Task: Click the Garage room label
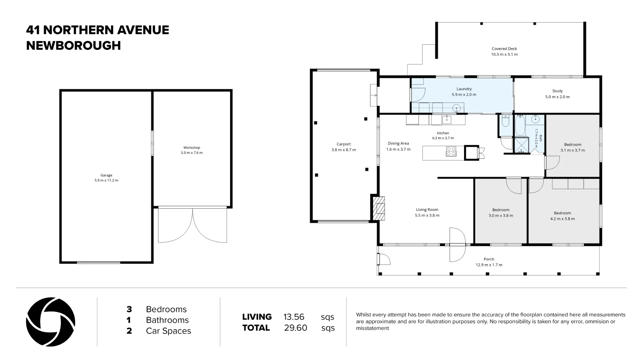coord(106,175)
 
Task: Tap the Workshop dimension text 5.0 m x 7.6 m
coord(192,153)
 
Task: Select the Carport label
coord(344,144)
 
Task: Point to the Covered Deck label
coord(504,49)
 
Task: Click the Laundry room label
coord(464,89)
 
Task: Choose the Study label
coord(557,91)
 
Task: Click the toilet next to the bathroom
coord(506,120)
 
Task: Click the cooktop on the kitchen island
coord(451,151)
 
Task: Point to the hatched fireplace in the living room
coord(379,208)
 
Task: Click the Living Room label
coord(427,210)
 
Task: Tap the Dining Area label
coord(398,143)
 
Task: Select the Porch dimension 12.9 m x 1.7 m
coord(489,265)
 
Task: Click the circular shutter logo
coord(51,322)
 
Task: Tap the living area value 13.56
coord(294,317)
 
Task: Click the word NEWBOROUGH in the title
coord(74,45)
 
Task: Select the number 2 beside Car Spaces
coord(129,331)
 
